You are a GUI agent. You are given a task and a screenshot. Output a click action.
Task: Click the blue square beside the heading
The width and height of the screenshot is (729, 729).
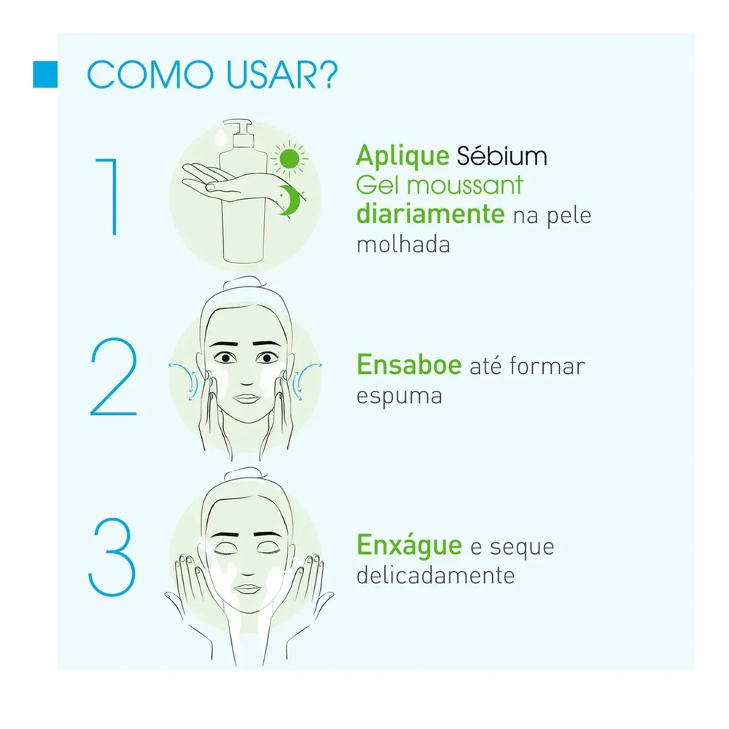tap(45, 74)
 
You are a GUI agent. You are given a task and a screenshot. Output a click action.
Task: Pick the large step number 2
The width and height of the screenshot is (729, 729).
tap(114, 377)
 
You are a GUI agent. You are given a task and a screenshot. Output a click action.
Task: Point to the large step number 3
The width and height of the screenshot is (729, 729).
tap(112, 557)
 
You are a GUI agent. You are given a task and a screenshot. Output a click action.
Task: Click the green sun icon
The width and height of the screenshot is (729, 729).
tap(289, 158)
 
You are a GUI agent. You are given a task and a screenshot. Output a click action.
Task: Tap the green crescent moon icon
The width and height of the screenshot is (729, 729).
tap(290, 200)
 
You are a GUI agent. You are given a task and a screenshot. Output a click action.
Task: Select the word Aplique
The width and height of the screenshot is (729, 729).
tap(402, 157)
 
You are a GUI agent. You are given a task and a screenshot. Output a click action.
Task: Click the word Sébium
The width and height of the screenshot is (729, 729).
tap(502, 155)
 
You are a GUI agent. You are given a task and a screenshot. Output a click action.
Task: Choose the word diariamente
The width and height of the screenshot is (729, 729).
tap(431, 214)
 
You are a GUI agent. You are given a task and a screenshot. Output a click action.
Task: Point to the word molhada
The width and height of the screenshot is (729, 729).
tap(403, 244)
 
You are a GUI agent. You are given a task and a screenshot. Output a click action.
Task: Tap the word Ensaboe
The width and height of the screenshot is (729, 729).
tap(409, 364)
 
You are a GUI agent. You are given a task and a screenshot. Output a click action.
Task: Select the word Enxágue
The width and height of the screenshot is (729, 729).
tap(409, 546)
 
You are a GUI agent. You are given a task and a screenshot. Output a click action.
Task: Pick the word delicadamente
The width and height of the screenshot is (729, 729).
tap(436, 576)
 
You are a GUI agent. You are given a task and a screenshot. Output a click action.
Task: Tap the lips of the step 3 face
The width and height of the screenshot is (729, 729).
tap(248, 589)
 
